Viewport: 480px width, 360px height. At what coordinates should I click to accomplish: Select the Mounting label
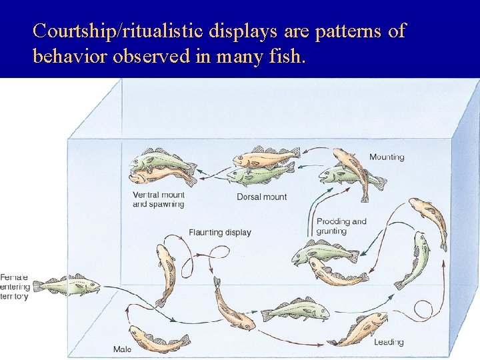pos(387,157)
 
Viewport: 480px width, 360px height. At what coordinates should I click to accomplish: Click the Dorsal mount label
pos(262,197)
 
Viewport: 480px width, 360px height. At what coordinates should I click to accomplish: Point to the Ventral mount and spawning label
pos(158,199)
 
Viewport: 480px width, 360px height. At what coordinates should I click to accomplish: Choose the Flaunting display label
pos(220,233)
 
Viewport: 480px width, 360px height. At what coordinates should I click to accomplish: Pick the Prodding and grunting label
pos(341,226)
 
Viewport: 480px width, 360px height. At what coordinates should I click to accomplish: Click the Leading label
pos(389,342)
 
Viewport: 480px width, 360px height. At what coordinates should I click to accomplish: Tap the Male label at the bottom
pos(122,349)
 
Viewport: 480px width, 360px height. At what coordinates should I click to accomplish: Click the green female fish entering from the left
pos(67,285)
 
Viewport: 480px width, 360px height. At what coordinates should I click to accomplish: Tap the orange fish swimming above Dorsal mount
pos(265,157)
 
